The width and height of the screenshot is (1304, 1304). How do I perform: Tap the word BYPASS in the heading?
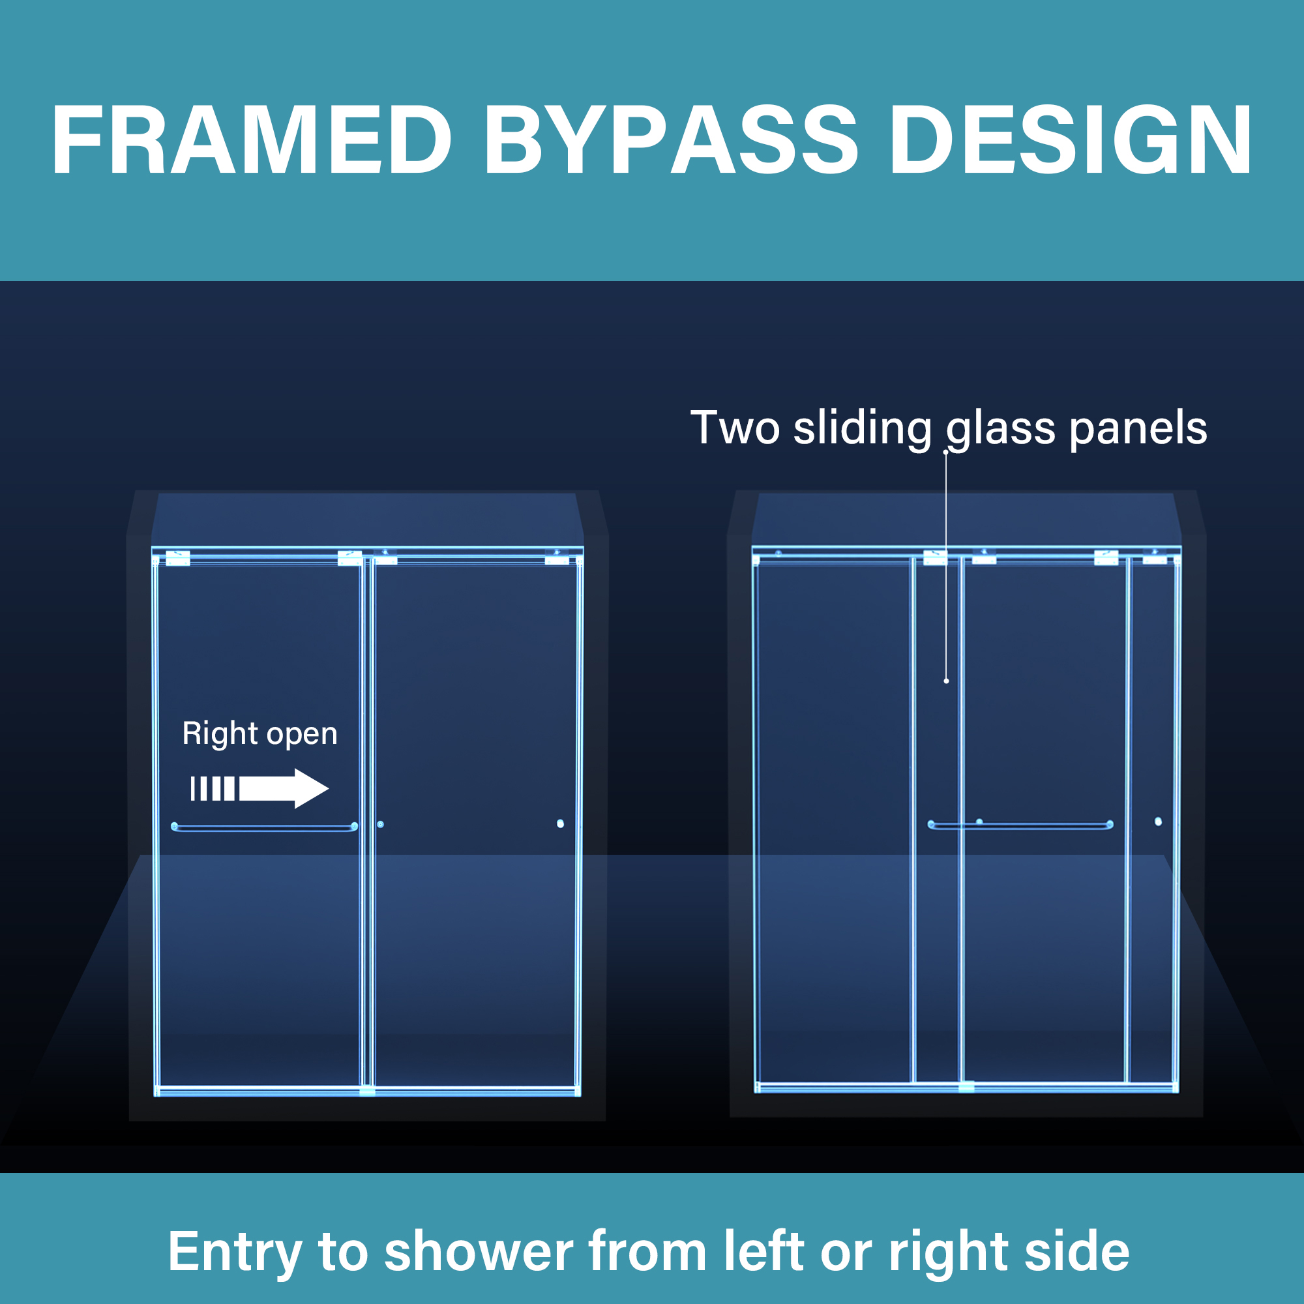click(x=670, y=140)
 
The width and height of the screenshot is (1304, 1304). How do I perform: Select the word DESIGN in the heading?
click(x=1071, y=140)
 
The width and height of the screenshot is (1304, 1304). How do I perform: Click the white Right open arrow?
click(x=260, y=788)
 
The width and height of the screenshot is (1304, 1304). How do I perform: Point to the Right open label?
click(x=260, y=733)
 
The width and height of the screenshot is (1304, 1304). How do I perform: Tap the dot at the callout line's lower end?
click(x=946, y=681)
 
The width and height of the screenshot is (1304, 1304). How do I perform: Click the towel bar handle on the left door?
click(x=265, y=827)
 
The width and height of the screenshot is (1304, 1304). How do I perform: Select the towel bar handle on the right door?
click(x=1020, y=825)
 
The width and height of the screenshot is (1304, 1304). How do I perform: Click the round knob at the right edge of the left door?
click(x=560, y=823)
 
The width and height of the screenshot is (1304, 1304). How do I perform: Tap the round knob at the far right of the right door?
click(x=1158, y=822)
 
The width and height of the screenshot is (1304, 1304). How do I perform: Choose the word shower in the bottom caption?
click(x=479, y=1252)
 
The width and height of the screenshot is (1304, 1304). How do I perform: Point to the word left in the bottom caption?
click(x=763, y=1252)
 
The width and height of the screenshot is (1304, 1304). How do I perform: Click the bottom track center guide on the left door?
click(x=367, y=1091)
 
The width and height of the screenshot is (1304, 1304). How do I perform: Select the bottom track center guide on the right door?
click(x=966, y=1088)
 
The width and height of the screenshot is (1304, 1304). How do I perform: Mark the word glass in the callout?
click(x=1000, y=429)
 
